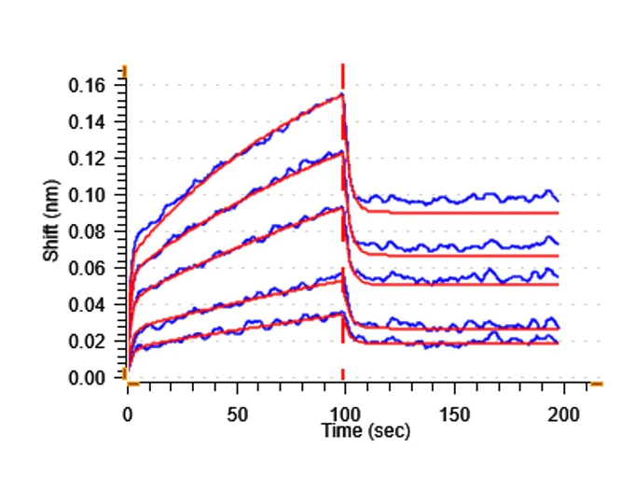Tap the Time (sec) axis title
pyautogui.click(x=366, y=431)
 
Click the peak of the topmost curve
pyautogui.click(x=342, y=93)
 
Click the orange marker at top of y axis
pyautogui.click(x=124, y=71)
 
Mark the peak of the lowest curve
pyautogui.click(x=342, y=313)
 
